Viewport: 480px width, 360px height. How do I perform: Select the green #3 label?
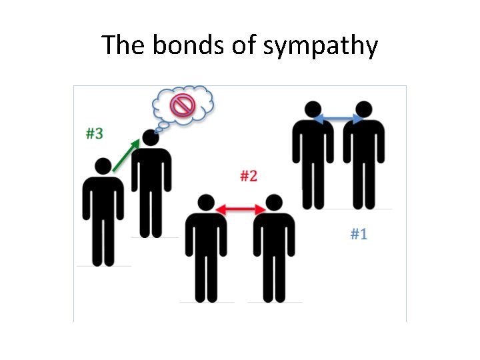[94, 133]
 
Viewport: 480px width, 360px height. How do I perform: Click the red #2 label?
[248, 176]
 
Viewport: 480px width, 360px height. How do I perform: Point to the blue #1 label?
[359, 234]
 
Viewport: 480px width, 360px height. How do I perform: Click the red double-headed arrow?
[240, 209]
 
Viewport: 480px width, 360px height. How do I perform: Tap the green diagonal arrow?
[127, 155]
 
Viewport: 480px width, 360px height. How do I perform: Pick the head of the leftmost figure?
[103, 167]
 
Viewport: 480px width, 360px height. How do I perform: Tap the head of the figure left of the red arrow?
[205, 203]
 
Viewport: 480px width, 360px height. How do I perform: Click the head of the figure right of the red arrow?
[273, 203]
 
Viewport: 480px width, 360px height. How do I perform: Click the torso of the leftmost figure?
[103, 200]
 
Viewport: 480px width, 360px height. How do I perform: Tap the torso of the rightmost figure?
[363, 143]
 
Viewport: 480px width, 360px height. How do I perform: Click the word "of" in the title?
[229, 45]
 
